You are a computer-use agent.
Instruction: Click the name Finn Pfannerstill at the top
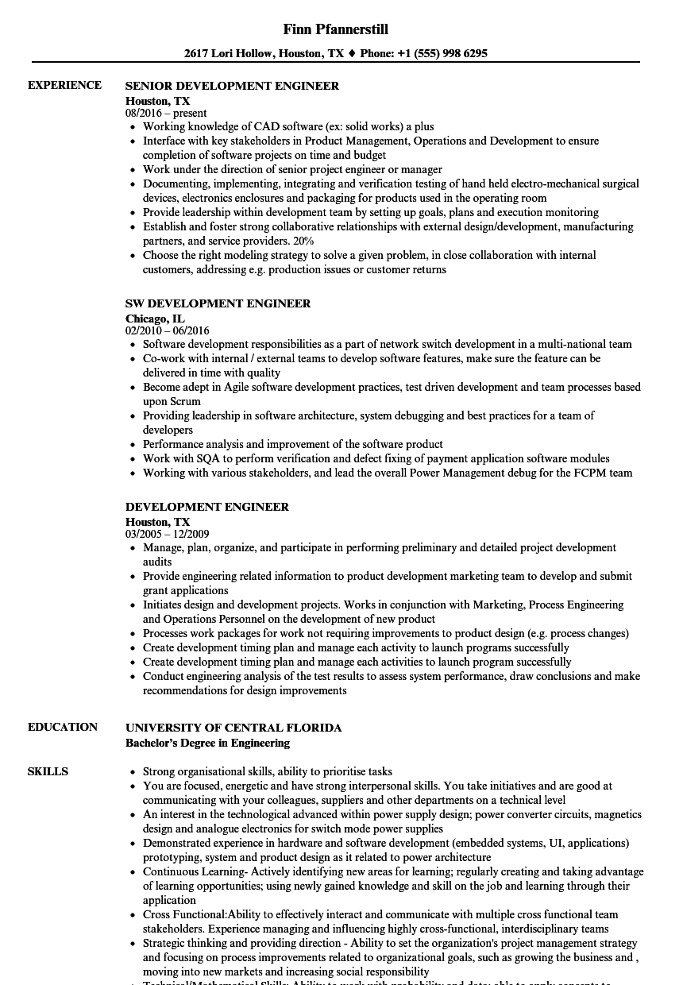click(x=335, y=29)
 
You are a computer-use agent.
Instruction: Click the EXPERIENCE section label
click(x=64, y=85)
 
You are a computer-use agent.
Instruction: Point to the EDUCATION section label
click(x=63, y=727)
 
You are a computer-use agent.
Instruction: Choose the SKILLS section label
click(x=48, y=771)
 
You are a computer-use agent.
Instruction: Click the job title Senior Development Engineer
click(x=232, y=86)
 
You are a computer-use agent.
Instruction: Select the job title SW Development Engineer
click(x=218, y=303)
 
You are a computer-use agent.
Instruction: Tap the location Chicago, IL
click(x=155, y=318)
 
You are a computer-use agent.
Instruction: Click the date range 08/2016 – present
click(x=166, y=113)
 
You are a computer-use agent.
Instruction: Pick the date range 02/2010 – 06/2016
click(x=168, y=330)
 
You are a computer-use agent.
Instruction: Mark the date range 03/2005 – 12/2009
click(x=168, y=534)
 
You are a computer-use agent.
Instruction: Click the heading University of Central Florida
click(x=233, y=728)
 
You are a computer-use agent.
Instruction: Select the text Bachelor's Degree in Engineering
click(x=207, y=743)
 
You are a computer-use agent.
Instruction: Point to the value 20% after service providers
click(x=303, y=241)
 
